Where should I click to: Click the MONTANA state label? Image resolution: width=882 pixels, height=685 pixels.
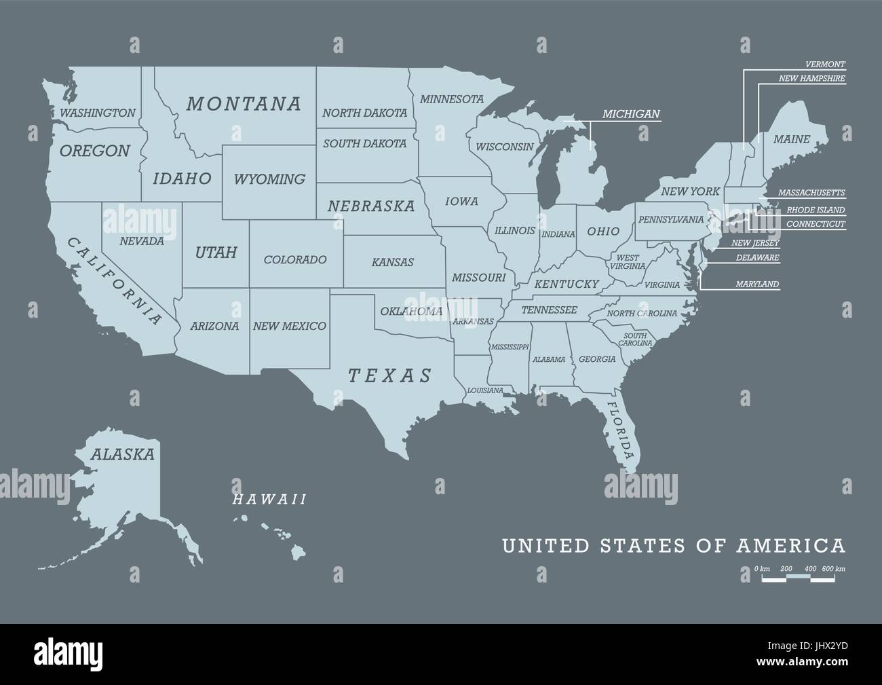[x=244, y=104]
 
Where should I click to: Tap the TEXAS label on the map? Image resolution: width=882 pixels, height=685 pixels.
[x=389, y=375]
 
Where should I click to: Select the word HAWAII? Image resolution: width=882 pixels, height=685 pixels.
[x=269, y=500]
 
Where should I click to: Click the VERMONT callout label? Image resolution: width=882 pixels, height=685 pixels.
[x=825, y=64]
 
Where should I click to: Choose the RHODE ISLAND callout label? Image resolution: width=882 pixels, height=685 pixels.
[x=816, y=210]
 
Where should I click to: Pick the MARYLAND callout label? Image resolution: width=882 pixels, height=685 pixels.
[x=758, y=284]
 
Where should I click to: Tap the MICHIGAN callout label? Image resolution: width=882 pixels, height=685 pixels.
[x=631, y=114]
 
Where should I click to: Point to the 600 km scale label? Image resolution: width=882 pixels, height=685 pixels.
[x=834, y=568]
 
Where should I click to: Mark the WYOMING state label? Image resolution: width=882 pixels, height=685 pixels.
[x=269, y=179]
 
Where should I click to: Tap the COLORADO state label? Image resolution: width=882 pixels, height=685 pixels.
[x=295, y=259]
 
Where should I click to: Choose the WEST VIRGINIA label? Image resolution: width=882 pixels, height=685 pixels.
[x=627, y=262]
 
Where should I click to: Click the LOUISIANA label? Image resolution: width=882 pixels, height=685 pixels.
[x=485, y=390]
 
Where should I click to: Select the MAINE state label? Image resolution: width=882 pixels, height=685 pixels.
[x=792, y=139]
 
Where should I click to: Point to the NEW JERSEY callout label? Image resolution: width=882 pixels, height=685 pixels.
[x=755, y=243]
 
